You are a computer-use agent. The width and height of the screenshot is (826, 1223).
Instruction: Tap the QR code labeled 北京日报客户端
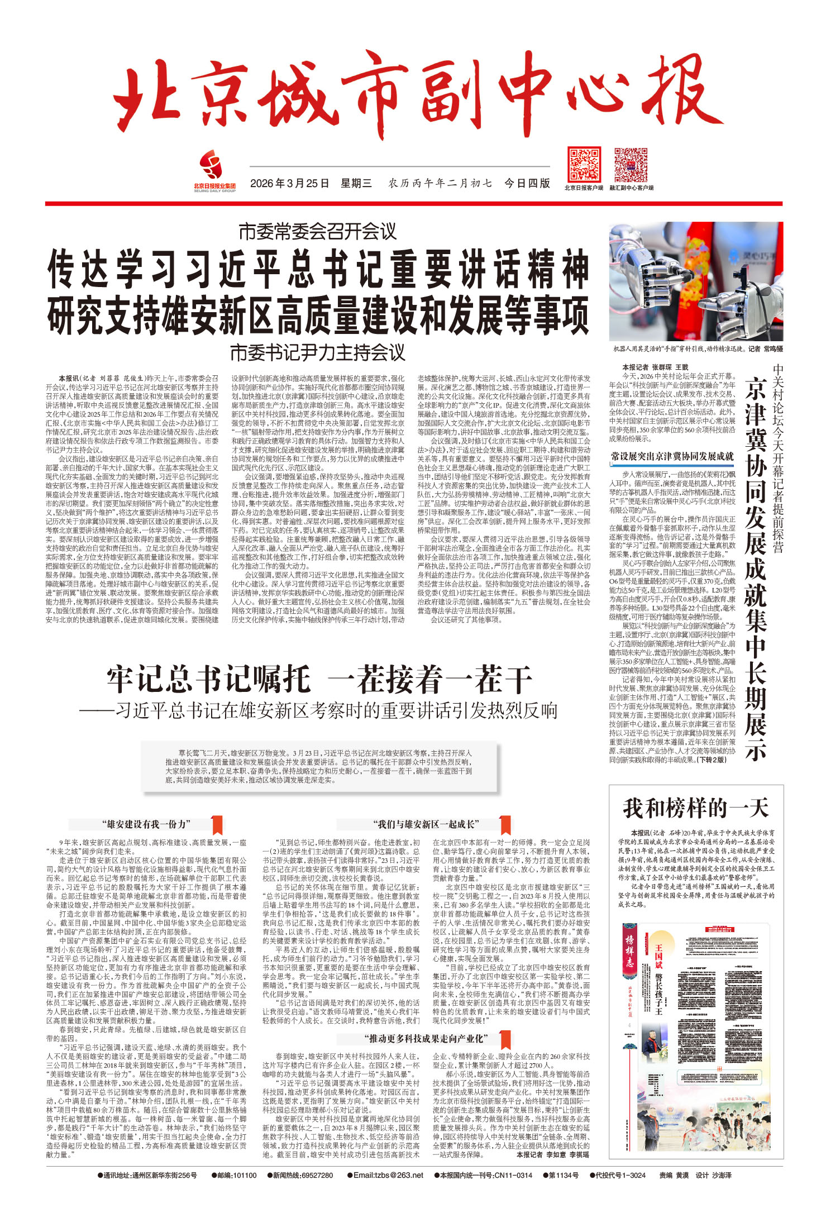(x=584, y=165)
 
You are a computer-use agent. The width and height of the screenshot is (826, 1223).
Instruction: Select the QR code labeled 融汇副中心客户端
(x=631, y=165)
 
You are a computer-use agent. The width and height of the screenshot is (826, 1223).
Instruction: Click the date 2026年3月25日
(x=289, y=184)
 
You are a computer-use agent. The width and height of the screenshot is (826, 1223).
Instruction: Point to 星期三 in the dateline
(x=356, y=184)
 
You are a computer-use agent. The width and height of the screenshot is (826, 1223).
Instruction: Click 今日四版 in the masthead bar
(x=527, y=184)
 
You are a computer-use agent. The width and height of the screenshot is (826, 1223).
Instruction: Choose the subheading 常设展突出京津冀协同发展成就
(x=672, y=456)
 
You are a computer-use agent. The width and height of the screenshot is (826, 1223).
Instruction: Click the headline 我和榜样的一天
(x=696, y=808)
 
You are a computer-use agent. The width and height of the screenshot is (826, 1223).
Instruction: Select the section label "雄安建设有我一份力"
(x=146, y=824)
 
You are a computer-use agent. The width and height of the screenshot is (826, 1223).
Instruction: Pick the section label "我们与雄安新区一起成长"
(x=426, y=824)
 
